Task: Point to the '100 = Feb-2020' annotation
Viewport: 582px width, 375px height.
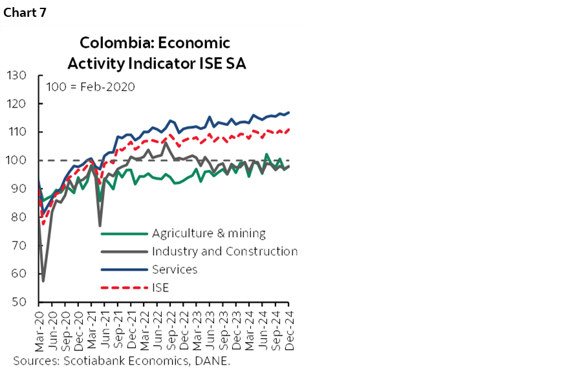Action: click(x=91, y=86)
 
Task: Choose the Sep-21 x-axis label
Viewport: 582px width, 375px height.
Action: click(x=118, y=328)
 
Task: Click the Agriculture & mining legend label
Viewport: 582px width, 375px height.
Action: click(x=208, y=233)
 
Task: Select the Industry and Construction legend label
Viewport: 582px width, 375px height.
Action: click(x=224, y=251)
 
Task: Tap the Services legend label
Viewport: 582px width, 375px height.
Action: click(x=174, y=269)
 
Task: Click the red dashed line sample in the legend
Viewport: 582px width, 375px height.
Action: click(x=124, y=288)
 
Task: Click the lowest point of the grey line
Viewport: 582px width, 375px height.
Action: click(x=43, y=280)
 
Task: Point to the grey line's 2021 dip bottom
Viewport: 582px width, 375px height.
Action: click(x=100, y=225)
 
